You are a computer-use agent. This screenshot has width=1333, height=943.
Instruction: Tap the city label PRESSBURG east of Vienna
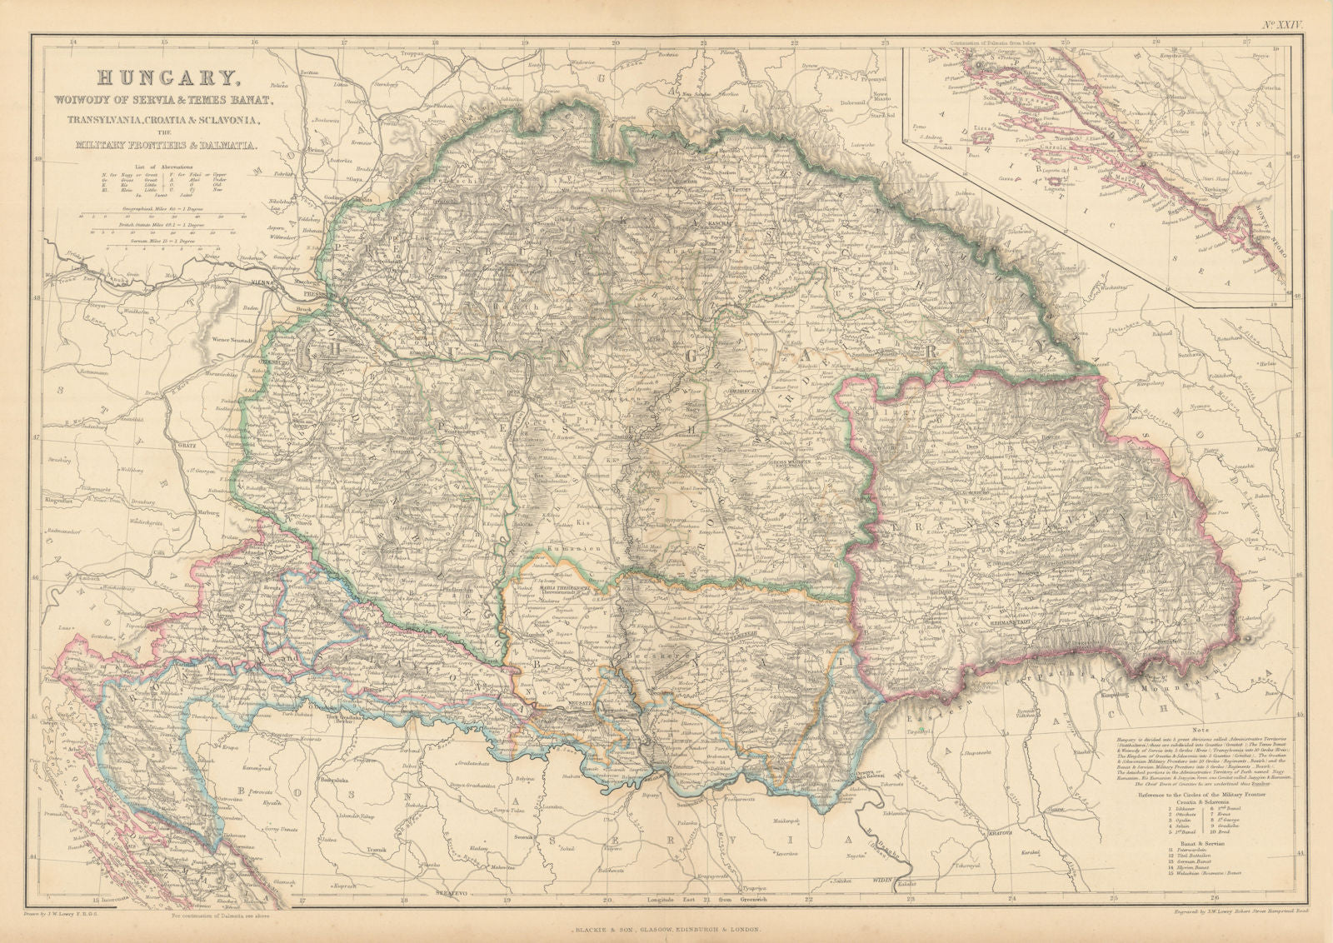click(318, 294)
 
